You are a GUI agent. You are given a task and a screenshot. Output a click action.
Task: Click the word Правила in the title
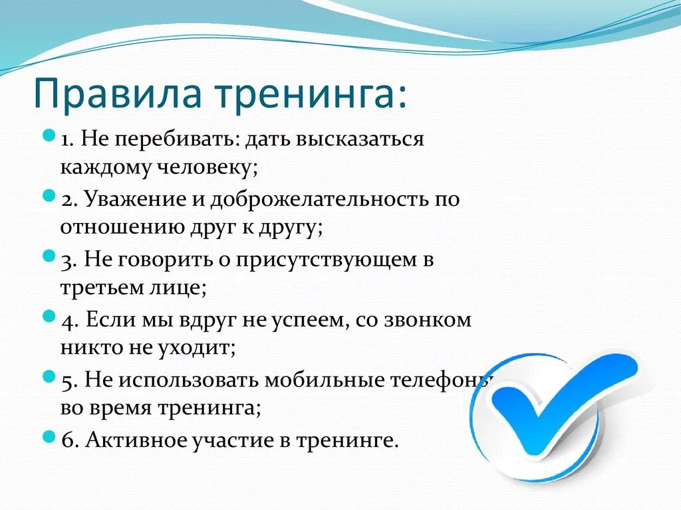point(117,93)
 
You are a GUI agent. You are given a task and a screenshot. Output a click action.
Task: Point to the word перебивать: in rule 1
point(176,139)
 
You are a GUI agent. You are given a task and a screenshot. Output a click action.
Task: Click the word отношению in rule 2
point(122,227)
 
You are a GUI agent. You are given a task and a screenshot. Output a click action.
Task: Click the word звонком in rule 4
point(428,320)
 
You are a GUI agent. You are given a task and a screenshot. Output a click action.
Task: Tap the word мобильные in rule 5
point(324,381)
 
